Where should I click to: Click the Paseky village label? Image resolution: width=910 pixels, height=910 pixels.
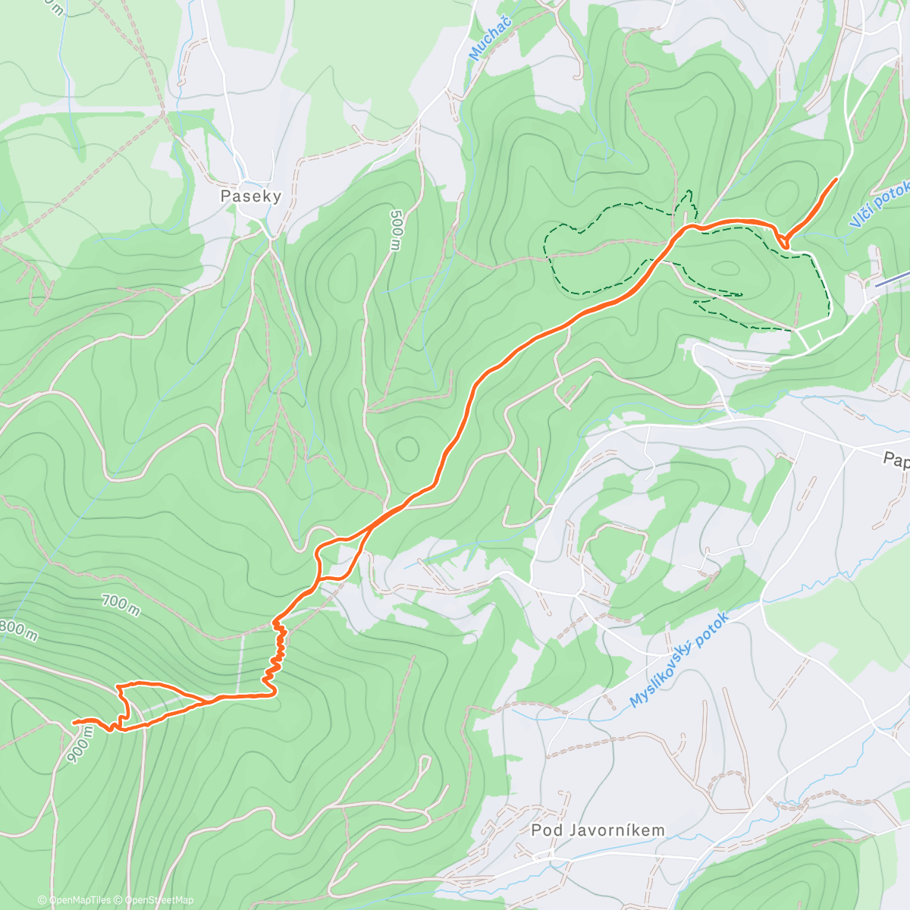tap(250, 196)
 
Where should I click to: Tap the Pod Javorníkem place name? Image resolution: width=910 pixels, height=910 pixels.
tap(598, 830)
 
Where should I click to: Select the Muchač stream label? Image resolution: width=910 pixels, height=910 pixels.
tap(480, 38)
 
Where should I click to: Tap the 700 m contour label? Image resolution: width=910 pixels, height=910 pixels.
tap(121, 605)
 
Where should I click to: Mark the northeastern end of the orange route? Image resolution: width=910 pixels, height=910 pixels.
tap(836, 179)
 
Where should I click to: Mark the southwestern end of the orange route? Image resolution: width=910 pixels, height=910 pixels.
tap(74, 722)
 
